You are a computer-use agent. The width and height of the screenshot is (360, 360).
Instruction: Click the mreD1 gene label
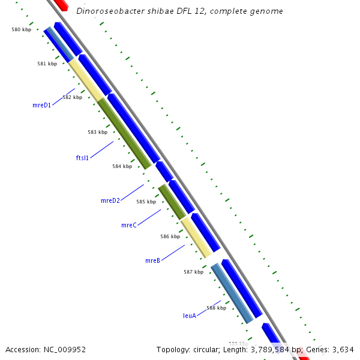(41, 104)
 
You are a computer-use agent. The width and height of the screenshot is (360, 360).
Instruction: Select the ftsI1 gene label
(82, 158)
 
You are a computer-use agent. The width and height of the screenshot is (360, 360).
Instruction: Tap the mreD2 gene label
(110, 200)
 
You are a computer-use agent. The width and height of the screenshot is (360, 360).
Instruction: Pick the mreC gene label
(129, 225)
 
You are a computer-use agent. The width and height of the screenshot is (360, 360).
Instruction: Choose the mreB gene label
(152, 260)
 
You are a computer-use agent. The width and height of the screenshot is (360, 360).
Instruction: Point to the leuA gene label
(190, 315)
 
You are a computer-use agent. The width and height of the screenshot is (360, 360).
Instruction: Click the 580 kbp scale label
(21, 29)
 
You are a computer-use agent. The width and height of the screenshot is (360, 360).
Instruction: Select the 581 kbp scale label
(47, 63)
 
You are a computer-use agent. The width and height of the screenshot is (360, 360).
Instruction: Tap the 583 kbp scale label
(97, 132)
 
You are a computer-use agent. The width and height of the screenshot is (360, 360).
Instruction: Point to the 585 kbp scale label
(146, 202)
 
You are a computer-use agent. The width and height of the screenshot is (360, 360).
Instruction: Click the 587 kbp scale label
(193, 272)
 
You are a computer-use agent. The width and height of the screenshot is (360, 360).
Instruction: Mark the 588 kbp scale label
(216, 308)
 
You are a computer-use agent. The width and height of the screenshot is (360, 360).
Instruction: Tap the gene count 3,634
(342, 349)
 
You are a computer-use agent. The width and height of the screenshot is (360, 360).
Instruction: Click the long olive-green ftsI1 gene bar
(124, 133)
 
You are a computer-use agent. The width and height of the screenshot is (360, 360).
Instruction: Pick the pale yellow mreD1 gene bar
(87, 79)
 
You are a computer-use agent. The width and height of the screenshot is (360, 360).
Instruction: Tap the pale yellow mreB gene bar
(196, 236)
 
